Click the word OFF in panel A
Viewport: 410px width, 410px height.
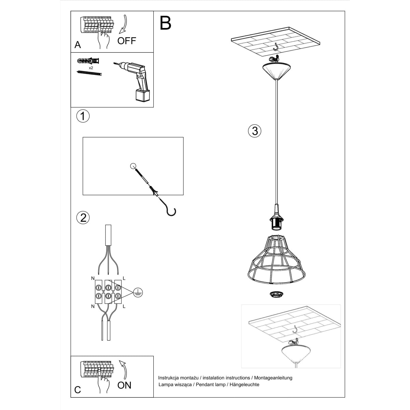tap(126, 41)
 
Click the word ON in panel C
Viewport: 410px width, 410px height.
tap(124, 385)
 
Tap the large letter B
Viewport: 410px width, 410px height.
tap(165, 23)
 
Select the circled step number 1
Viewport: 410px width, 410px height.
tap(82, 116)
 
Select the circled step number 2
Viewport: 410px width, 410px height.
tap(83, 217)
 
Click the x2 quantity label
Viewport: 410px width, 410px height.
tap(91, 68)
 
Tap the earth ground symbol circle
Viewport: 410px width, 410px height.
tap(138, 291)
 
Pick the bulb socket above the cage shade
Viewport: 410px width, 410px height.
tap(275, 220)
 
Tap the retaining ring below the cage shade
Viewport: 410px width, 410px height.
tap(275, 294)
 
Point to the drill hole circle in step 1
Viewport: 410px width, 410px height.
tap(133, 166)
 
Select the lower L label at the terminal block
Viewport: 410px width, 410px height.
tap(124, 306)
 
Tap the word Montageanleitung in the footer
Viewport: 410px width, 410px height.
tap(273, 378)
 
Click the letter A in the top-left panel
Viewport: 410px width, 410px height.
tap(78, 45)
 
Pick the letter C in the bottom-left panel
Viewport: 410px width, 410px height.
tap(78, 390)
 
